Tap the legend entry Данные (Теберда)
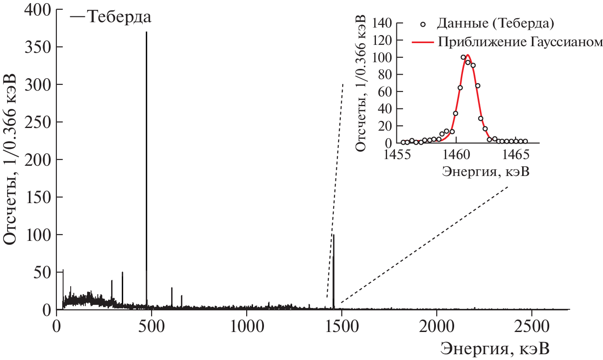point(495,22)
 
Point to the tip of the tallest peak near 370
point(146,32)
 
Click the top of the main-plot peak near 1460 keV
point(334,235)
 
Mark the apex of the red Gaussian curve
point(467,55)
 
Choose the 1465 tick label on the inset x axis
point(516,155)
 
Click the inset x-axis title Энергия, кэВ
point(486,172)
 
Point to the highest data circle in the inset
point(463,57)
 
